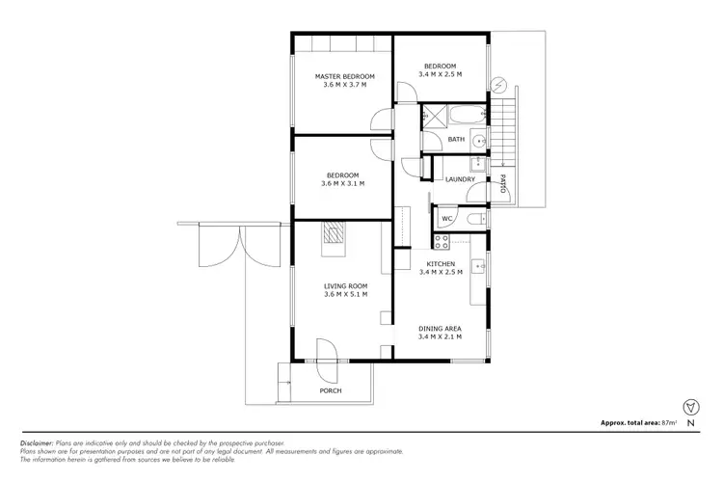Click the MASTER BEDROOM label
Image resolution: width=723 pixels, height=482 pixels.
[x=344, y=75]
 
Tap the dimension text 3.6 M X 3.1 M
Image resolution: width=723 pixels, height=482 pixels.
[x=344, y=184]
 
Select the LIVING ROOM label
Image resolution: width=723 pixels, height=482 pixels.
[x=344, y=285]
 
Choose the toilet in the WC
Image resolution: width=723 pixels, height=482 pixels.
[x=470, y=219]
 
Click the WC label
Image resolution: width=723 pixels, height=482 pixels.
[x=447, y=219]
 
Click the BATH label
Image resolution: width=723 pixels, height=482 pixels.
[x=456, y=139]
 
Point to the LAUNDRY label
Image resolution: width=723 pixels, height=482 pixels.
[x=460, y=179]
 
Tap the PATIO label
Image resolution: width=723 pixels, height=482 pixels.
[x=503, y=182]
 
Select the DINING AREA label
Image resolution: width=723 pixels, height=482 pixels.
[x=440, y=328]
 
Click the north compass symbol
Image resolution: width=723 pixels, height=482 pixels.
[x=687, y=406]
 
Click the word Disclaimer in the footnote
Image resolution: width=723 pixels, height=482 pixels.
[x=40, y=442]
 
